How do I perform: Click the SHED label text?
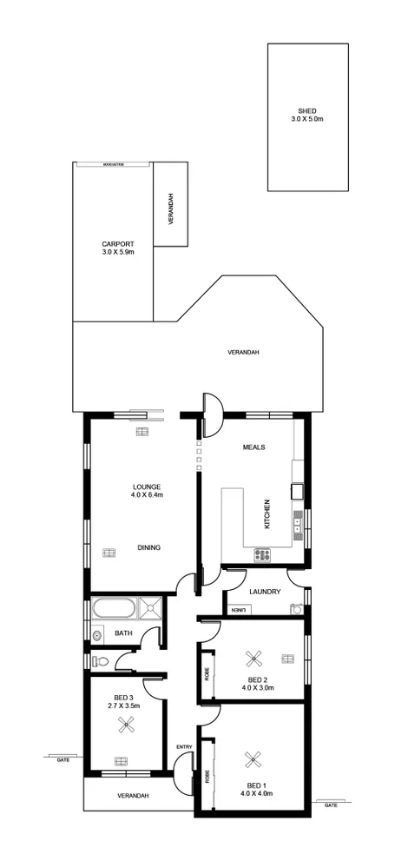tap(306, 111)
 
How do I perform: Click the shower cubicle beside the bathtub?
tap(151, 608)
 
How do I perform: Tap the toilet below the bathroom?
tap(102, 662)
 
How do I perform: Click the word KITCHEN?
tap(267, 513)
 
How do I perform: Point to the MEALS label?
tap(253, 447)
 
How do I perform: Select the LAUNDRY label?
tap(263, 592)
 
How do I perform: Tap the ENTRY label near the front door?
tap(183, 746)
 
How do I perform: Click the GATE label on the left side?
tap(63, 759)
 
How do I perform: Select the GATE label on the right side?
tap(330, 805)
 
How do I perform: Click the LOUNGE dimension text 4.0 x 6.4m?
tap(147, 494)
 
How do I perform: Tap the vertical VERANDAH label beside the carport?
tap(171, 209)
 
